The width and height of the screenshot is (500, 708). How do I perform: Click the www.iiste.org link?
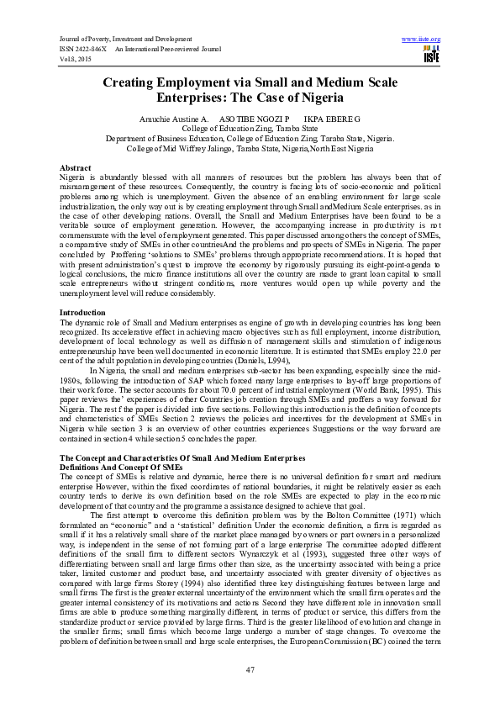coord(421,39)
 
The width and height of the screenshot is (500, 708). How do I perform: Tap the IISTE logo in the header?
coord(432,55)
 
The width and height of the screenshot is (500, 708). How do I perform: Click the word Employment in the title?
coord(202,83)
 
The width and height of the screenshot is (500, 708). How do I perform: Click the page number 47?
coord(250,669)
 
